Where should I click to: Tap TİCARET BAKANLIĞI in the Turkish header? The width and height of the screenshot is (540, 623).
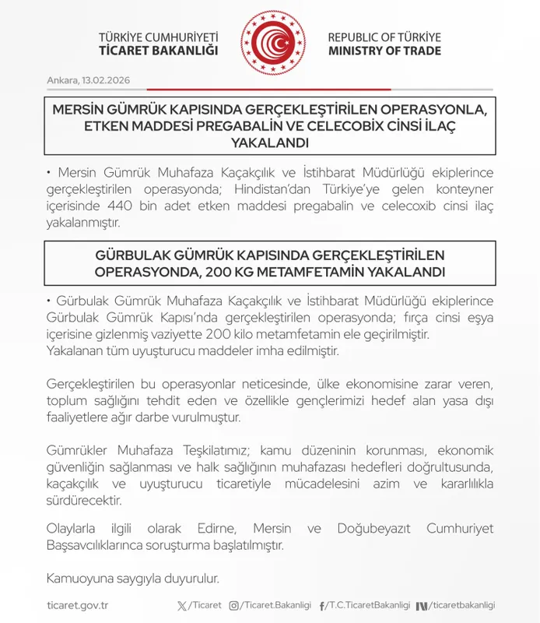(160, 51)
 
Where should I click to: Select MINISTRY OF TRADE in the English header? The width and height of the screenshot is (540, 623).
(384, 51)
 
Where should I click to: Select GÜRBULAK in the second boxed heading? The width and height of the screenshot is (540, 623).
(133, 256)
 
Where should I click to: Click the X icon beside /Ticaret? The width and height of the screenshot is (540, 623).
(182, 606)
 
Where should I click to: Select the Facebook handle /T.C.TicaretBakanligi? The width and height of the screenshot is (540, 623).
(369, 606)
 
